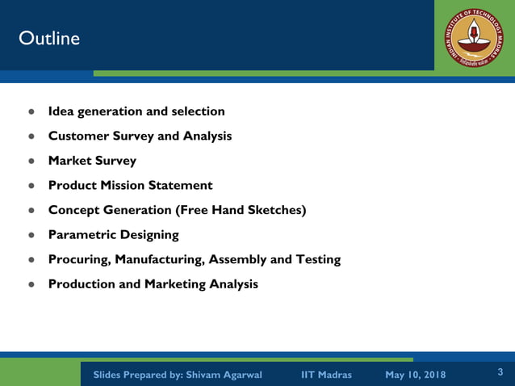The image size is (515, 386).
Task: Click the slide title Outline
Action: point(49,38)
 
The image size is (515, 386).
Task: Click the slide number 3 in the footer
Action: point(500,372)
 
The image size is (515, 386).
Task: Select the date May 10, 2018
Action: point(415,375)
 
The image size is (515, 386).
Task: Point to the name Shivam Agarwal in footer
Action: point(224,375)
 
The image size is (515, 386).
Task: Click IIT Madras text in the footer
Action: point(326,375)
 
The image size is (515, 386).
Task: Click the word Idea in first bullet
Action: point(61,111)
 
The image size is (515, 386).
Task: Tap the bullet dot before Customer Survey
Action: point(32,136)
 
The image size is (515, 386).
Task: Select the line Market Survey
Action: point(92,161)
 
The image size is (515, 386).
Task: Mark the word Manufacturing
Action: point(161,260)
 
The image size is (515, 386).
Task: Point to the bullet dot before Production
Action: point(32,285)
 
